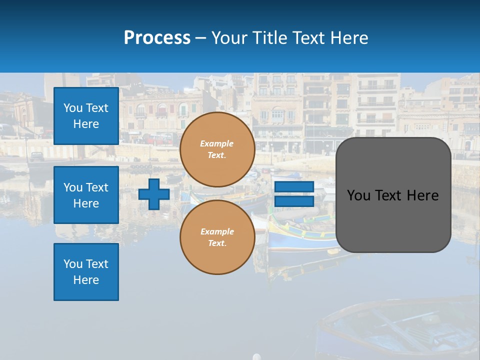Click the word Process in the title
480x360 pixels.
pyautogui.click(x=157, y=37)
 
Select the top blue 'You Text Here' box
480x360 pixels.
pyautogui.click(x=86, y=116)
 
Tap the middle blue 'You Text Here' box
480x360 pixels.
pyautogui.click(x=86, y=195)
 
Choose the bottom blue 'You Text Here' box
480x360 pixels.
pyautogui.click(x=86, y=272)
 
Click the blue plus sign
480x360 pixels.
pyautogui.click(x=153, y=194)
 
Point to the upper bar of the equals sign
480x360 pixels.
pyautogui.click(x=294, y=186)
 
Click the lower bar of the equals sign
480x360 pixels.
pyautogui.click(x=294, y=201)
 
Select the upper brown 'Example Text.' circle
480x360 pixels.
pyautogui.click(x=217, y=149)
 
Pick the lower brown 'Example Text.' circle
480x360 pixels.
pyautogui.click(x=217, y=237)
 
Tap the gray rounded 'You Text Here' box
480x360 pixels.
pyautogui.click(x=393, y=195)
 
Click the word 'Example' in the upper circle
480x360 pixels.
pyautogui.click(x=216, y=143)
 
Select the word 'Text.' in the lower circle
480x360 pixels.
pyautogui.click(x=217, y=243)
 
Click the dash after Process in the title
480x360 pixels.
pyautogui.click(x=200, y=38)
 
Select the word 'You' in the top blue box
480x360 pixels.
pyautogui.click(x=73, y=108)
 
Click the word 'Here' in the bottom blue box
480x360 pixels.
pyautogui.click(x=86, y=280)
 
